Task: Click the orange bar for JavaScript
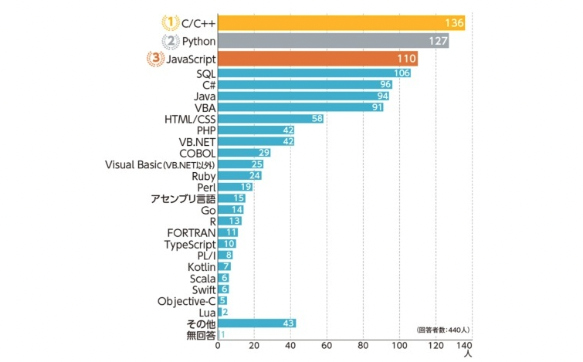click(317, 59)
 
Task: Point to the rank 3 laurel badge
click(154, 59)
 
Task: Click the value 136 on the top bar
click(454, 24)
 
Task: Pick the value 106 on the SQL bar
click(401, 73)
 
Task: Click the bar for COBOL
click(244, 153)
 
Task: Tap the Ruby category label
click(203, 176)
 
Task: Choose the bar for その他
click(257, 323)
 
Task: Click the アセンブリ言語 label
click(183, 199)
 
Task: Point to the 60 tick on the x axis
click(327, 347)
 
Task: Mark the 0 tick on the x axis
click(219, 347)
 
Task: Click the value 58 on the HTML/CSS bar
click(316, 119)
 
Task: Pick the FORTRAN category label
click(191, 232)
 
